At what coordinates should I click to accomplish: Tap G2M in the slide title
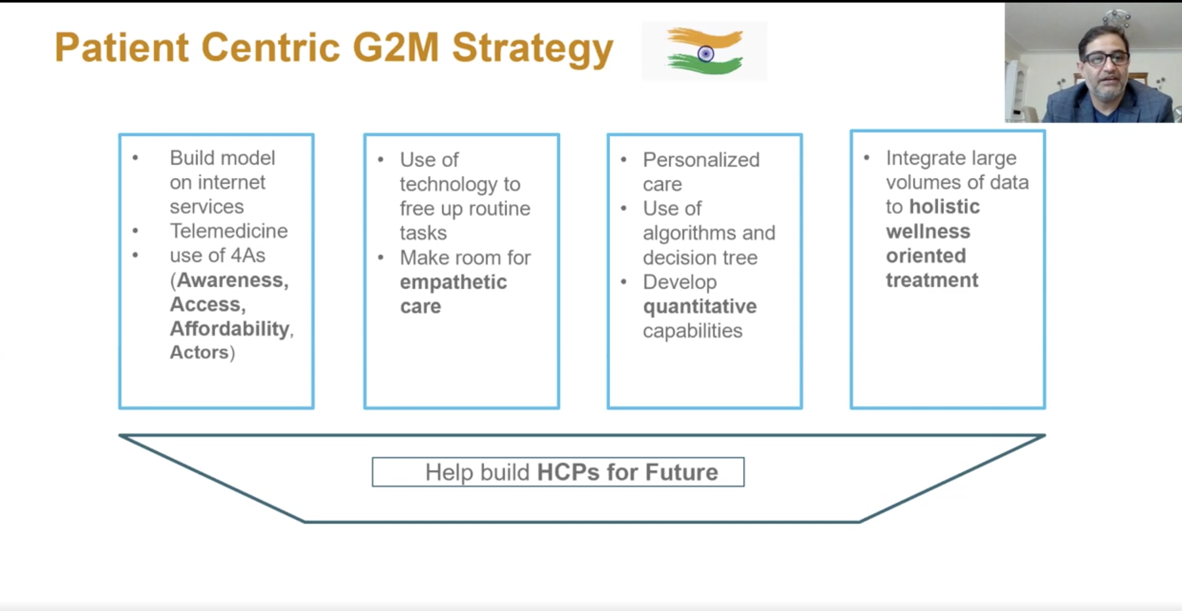tap(396, 47)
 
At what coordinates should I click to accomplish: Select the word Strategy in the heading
tap(533, 50)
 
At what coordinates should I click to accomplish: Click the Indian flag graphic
tap(705, 51)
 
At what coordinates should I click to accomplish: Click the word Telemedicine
tap(229, 231)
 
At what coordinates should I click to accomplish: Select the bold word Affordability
tap(230, 329)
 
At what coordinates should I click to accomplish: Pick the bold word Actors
tap(200, 353)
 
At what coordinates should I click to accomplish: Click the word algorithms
tap(689, 234)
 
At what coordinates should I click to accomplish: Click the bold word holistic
tap(945, 207)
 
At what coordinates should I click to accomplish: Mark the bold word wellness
tap(928, 231)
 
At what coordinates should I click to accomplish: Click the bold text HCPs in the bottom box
tap(568, 472)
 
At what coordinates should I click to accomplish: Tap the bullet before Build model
tap(135, 158)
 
